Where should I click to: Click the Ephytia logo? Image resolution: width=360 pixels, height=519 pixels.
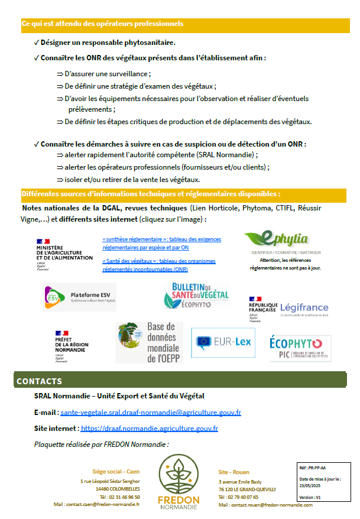tap(276, 240)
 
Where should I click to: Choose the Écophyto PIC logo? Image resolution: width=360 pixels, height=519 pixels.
tap(296, 348)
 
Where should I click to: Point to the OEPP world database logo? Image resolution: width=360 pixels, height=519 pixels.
tap(148, 343)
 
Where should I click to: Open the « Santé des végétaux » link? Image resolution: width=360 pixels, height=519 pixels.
tap(158, 265)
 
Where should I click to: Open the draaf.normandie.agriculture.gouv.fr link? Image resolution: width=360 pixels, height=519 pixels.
tap(150, 428)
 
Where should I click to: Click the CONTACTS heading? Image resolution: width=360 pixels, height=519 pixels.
tap(39, 381)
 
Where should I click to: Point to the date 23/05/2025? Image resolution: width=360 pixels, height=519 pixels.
tap(310, 485)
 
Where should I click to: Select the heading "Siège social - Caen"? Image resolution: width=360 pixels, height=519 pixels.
tap(116, 472)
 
